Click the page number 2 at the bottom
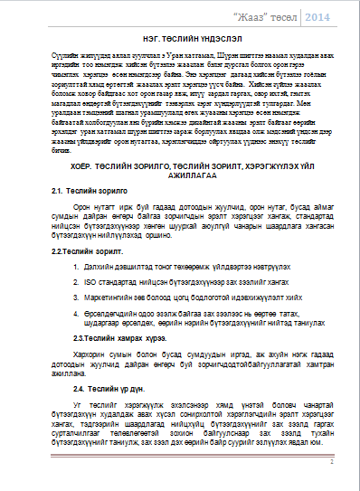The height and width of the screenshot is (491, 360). coord(332,461)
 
